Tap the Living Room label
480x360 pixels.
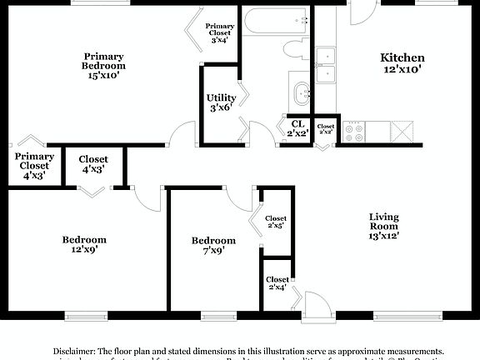tap(384, 226)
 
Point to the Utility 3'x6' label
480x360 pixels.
tap(221, 102)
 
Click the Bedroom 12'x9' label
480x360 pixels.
tap(84, 245)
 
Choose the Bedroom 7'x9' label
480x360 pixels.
tap(213, 245)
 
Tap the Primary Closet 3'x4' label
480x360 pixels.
tap(220, 32)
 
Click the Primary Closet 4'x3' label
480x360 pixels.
tap(34, 166)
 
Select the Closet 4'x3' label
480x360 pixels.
tap(93, 164)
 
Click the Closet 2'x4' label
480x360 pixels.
tap(277, 283)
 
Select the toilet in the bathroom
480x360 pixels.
tap(294, 47)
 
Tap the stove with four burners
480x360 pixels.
tap(354, 131)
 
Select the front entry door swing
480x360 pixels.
tap(314, 303)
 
